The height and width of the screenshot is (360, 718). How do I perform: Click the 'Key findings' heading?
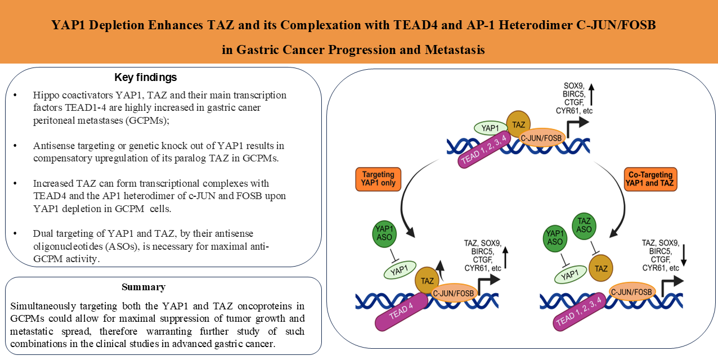[145, 77]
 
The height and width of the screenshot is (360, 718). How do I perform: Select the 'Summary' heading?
[143, 287]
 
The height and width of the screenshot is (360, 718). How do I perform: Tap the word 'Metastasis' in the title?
[455, 49]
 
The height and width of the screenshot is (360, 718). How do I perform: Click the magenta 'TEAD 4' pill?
[398, 317]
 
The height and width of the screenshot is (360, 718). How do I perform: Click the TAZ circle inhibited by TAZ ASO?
[600, 269]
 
